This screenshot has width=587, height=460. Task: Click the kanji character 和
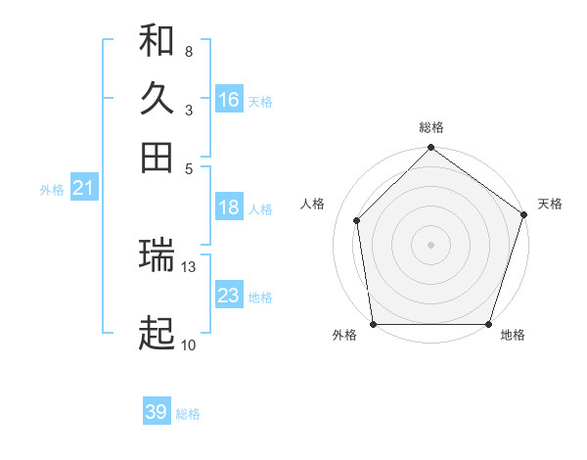tap(157, 40)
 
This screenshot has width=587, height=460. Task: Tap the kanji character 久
tap(157, 98)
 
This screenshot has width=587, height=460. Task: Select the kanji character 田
tap(157, 157)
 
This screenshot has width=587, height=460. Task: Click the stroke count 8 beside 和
tap(188, 51)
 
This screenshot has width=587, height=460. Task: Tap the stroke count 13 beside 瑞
tap(190, 266)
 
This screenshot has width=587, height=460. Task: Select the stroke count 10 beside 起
tap(188, 345)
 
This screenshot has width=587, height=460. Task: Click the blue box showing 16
tap(229, 100)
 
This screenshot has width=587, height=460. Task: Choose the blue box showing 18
tap(229, 207)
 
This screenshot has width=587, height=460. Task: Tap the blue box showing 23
tap(229, 296)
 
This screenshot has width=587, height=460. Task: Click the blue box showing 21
tap(83, 188)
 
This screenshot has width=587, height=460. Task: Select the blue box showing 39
tap(157, 412)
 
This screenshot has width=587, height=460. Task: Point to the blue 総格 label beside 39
tap(189, 414)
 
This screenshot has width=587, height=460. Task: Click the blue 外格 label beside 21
tap(52, 190)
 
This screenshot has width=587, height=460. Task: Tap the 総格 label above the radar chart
tap(431, 128)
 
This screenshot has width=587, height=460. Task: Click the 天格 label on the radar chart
tap(550, 204)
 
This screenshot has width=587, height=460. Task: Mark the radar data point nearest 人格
tap(357, 220)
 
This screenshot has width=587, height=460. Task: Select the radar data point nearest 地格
tap(488, 324)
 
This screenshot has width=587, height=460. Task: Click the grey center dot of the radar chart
tap(431, 244)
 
